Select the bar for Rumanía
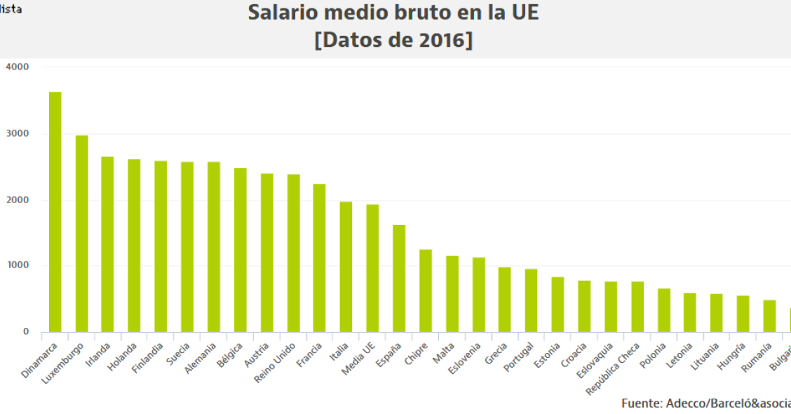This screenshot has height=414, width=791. (769, 316)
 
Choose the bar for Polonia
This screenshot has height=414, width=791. (663, 310)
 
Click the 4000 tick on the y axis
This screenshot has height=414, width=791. (17, 67)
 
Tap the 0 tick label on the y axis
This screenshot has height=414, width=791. (25, 331)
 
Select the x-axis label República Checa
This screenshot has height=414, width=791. (614, 368)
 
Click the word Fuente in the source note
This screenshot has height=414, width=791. (640, 403)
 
